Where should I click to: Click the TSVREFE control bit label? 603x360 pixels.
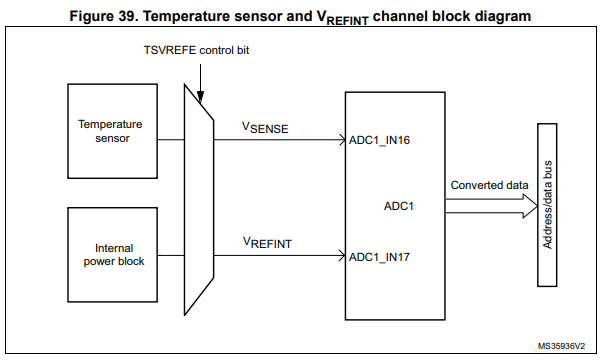tap(196, 50)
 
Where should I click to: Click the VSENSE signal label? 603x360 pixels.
tap(265, 128)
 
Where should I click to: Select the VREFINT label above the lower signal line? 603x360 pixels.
tap(267, 243)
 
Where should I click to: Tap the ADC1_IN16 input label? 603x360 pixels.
tap(379, 140)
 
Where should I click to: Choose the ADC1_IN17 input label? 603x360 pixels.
tap(379, 257)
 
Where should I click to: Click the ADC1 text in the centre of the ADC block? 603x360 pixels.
tap(399, 206)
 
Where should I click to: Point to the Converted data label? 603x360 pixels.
tap(489, 185)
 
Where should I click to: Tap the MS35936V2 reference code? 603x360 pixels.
tap(561, 346)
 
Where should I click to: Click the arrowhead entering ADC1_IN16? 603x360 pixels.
tap(342, 140)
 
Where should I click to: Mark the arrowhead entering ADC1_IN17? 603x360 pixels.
tap(342, 255)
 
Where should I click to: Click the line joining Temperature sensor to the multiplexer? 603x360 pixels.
tap(171, 140)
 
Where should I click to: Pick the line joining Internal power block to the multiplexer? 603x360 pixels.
tap(171, 255)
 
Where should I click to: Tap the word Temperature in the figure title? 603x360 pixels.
tap(187, 17)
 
